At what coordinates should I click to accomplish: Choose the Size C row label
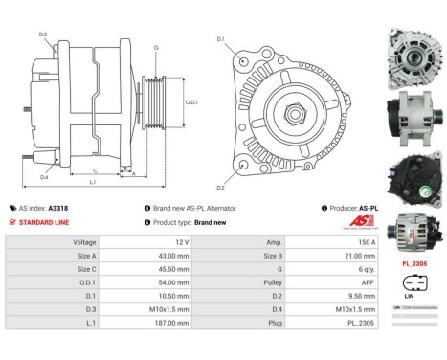pos(86,269)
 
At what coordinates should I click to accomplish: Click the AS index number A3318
pos(58,207)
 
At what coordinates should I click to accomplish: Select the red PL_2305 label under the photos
pos(413,263)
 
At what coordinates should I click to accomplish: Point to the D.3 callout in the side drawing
pos(43,34)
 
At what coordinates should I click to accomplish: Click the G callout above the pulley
pos(156,47)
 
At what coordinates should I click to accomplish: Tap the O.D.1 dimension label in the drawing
pos(191,102)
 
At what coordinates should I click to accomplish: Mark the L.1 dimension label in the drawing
pos(92,182)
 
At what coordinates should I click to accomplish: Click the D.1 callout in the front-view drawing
pos(220,39)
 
